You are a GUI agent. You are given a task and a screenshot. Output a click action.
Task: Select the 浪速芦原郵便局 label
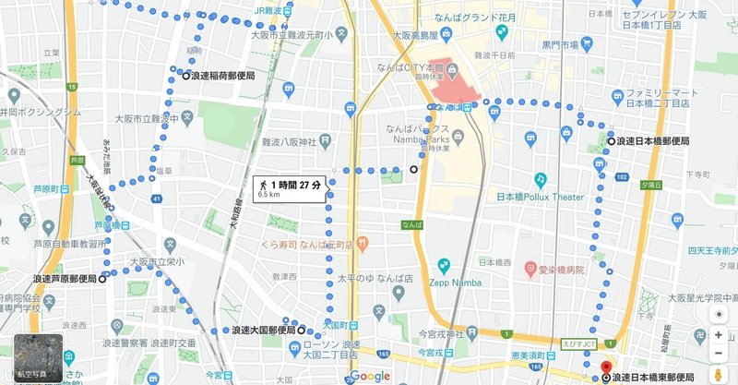(x=64, y=278)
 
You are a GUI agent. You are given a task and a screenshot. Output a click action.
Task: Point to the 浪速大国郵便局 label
(x=263, y=330)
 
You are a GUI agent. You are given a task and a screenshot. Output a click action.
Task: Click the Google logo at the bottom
(x=369, y=376)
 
